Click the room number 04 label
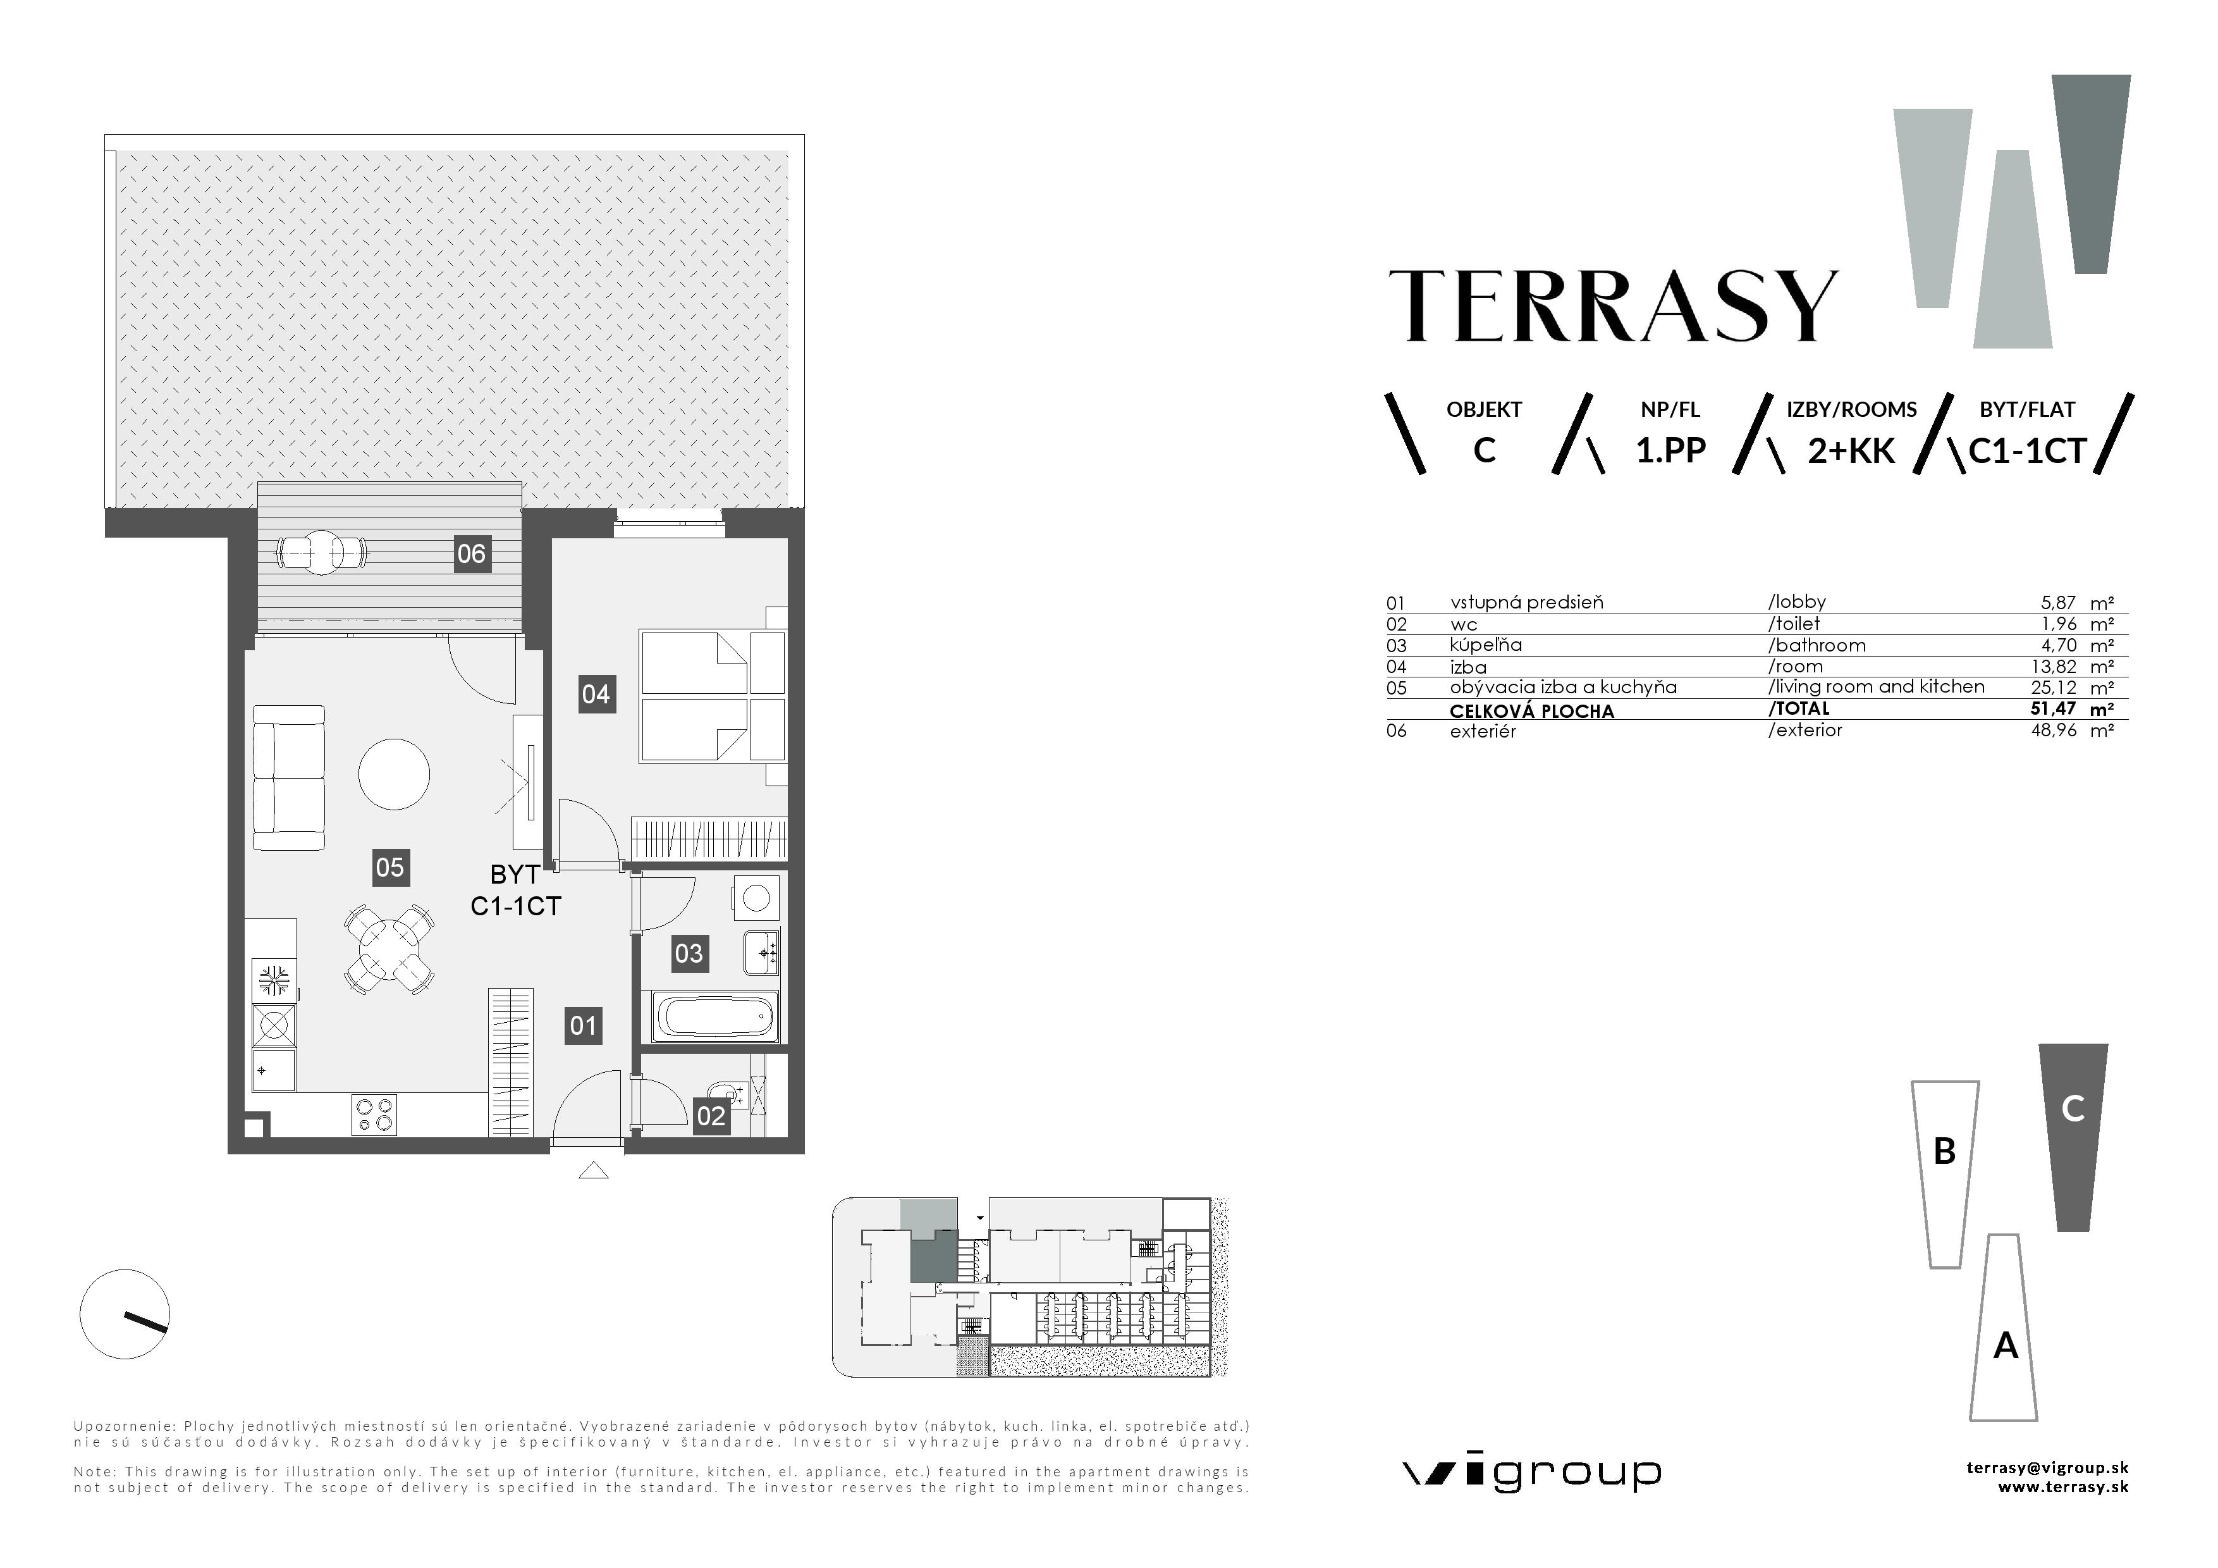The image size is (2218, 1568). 595,694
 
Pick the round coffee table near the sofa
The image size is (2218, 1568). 394,774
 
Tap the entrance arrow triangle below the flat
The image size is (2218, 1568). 593,1171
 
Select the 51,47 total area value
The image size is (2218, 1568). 2053,708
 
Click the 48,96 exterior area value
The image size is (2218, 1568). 2054,731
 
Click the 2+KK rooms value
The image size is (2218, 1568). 1851,451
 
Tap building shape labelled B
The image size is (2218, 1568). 1945,1174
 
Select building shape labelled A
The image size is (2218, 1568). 2004,1328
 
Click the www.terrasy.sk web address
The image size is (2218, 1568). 2064,1488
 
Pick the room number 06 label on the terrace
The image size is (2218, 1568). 472,553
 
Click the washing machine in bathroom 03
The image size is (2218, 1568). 756,898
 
